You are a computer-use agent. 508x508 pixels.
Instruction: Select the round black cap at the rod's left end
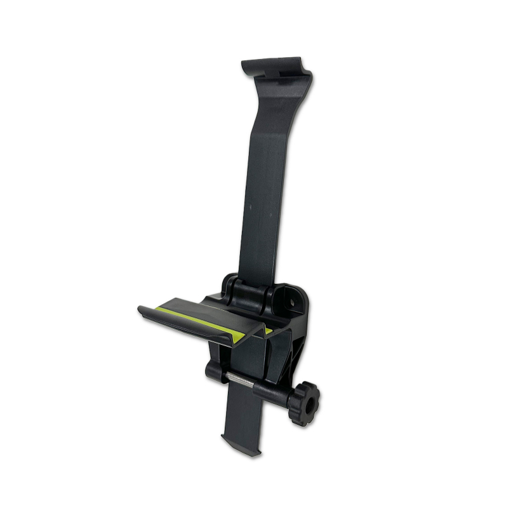coord(211,371)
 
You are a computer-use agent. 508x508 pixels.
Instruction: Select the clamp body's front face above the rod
coord(251,352)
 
